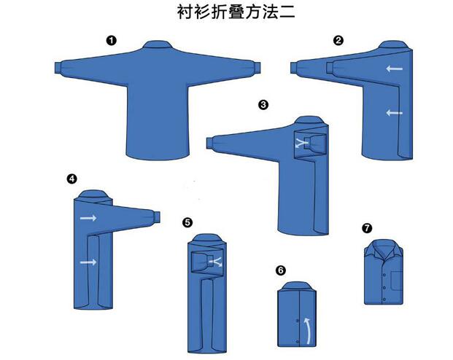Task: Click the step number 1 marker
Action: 111,40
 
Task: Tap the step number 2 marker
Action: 338,40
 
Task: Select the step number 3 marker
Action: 263,104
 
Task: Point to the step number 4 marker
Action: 71,179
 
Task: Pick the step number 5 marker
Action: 187,222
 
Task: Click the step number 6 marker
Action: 281,270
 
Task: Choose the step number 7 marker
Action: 367,228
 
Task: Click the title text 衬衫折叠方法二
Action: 236,12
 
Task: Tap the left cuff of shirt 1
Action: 58,68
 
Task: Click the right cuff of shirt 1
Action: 257,69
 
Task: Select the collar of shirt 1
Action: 156,44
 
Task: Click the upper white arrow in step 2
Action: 395,69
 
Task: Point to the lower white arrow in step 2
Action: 395,112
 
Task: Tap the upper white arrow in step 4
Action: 88,218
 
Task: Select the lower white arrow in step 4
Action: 88,262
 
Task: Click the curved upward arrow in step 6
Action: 309,331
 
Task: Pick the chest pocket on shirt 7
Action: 397,281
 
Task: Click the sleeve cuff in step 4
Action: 156,217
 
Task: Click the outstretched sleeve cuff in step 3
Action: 210,144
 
